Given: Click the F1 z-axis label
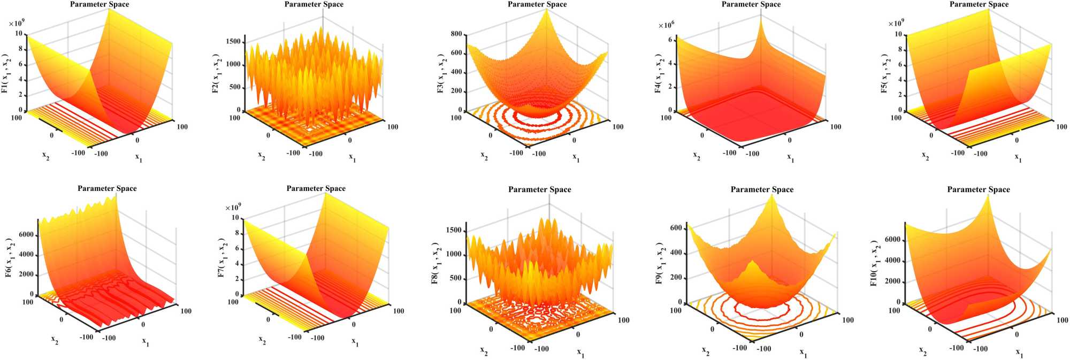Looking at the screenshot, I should pos(5,73).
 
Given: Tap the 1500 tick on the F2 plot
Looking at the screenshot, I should pos(234,42).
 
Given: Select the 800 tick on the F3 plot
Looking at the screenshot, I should pos(456,34).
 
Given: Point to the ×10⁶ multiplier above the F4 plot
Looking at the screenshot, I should pos(666,25).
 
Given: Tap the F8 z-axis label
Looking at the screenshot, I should pos(435,263).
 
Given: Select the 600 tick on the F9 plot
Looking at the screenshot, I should pos(676,228).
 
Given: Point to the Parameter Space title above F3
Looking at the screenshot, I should pos(537,4).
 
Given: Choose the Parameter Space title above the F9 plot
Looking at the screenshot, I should pos(762,189).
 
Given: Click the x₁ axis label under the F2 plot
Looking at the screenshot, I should pos(352,158).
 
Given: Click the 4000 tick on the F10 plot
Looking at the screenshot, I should pos(893,261).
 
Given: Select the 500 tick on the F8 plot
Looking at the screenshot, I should pos(454,278).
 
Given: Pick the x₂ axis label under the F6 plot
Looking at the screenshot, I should pos(55,340).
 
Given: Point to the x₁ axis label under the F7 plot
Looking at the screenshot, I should pos(355,342).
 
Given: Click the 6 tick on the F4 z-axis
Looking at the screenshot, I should pos(670,40).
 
